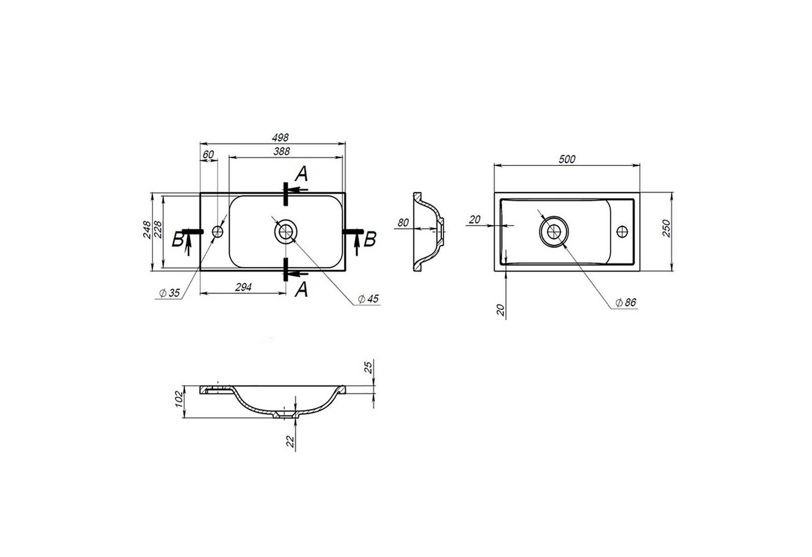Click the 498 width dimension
[x=280, y=138]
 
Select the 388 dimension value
[x=282, y=151]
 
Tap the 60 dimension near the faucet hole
[x=208, y=154]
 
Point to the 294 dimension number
[x=243, y=287]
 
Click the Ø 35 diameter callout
[x=169, y=293]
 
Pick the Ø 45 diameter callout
[x=368, y=299]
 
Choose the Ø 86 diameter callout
[x=626, y=302]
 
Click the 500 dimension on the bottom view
[x=567, y=159]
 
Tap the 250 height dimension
[x=666, y=228]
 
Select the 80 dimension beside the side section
[x=403, y=223]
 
